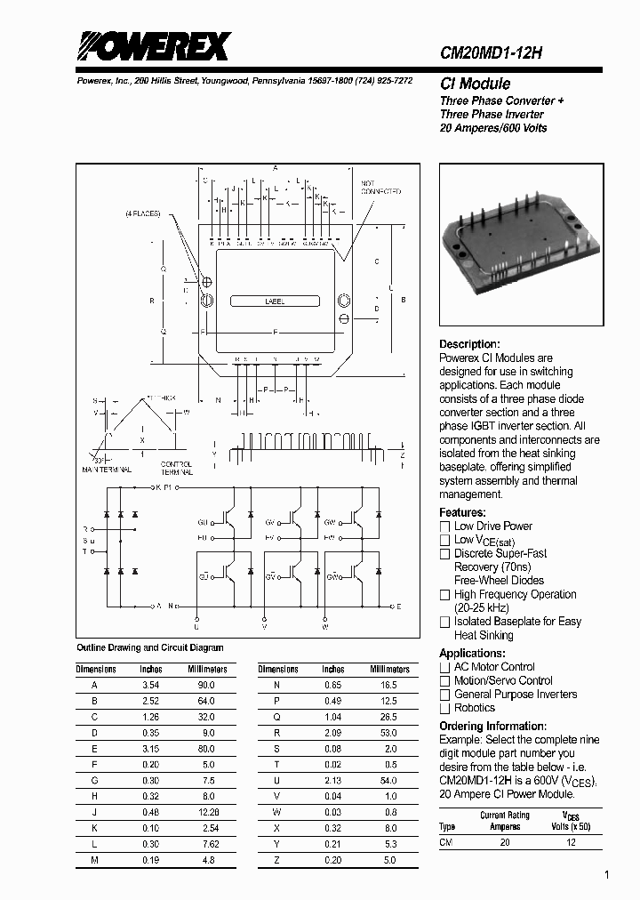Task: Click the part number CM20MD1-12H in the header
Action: [x=492, y=53]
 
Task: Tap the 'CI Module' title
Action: [x=475, y=84]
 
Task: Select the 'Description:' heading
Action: [x=469, y=344]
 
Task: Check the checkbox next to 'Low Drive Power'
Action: [x=445, y=526]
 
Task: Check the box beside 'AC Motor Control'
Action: [x=445, y=667]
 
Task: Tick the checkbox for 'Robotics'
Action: [x=445, y=708]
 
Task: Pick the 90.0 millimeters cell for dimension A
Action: [x=206, y=686]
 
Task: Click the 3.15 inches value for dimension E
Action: [x=151, y=749]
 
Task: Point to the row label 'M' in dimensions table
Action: [x=94, y=859]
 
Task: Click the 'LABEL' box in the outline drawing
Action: [x=275, y=302]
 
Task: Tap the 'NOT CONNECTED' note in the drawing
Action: [x=380, y=188]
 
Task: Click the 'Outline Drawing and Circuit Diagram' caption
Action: [x=150, y=647]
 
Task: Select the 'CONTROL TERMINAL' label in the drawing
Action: [x=175, y=468]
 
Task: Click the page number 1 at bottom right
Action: [x=607, y=875]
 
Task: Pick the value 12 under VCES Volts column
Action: [x=571, y=841]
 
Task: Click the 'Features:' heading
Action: [x=462, y=512]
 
